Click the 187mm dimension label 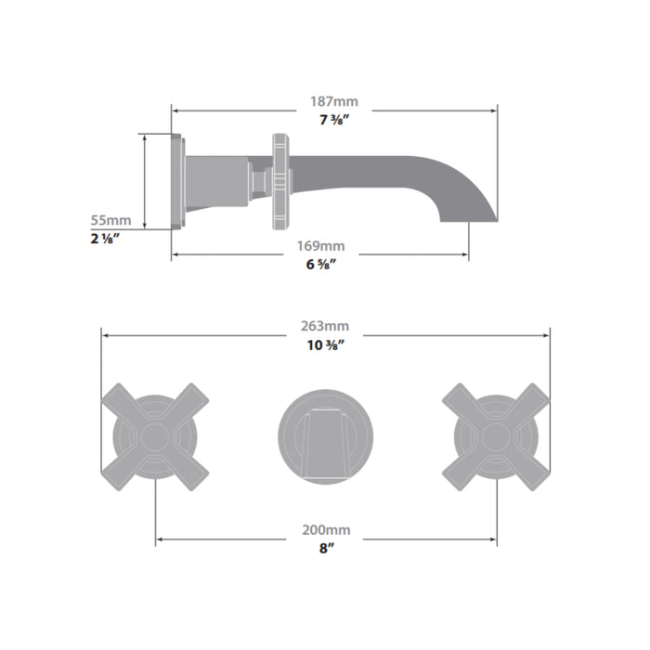[334, 101]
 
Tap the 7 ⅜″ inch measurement [334, 120]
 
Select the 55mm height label [110, 220]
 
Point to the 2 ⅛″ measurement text [105, 239]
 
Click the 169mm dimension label [320, 246]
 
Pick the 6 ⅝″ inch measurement [320, 264]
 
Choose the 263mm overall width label [325, 326]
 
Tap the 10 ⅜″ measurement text [325, 344]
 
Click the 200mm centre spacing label [326, 530]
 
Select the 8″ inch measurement [326, 549]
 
